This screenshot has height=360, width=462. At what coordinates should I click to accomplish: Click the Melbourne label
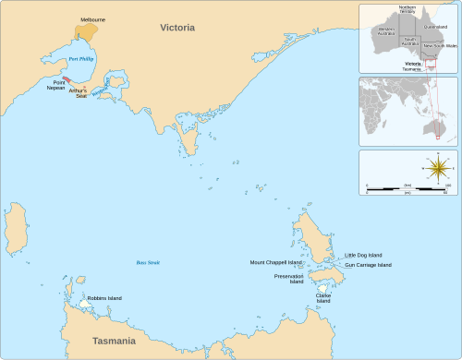(x=92, y=18)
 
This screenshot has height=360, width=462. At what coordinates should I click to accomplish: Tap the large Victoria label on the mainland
(x=177, y=28)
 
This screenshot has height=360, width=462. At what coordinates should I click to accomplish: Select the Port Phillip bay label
(x=81, y=59)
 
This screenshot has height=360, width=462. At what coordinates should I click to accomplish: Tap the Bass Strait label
(x=148, y=263)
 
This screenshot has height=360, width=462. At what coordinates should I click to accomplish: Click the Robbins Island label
(x=104, y=298)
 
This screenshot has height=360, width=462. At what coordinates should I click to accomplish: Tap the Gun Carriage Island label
(x=368, y=265)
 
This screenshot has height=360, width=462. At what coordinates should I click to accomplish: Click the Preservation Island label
(x=288, y=279)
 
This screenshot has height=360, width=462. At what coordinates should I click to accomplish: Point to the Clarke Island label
(x=323, y=298)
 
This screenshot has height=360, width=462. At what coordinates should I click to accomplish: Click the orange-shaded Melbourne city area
(x=88, y=30)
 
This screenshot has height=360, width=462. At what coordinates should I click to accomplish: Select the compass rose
(x=438, y=169)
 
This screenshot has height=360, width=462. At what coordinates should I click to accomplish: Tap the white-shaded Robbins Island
(x=85, y=303)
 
